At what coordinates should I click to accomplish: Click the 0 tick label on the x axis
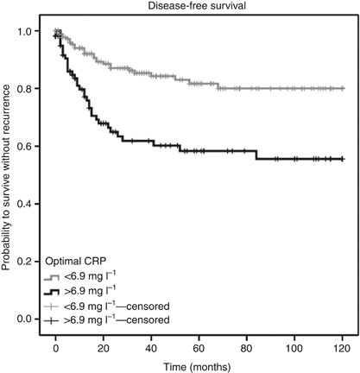point(56,348)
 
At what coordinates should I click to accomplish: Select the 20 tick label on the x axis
point(104,348)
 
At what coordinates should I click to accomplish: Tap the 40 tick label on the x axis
point(152,348)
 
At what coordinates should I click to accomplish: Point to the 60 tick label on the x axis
point(200,348)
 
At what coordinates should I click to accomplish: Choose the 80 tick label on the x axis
point(249,348)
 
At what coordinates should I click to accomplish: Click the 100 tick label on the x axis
point(296,348)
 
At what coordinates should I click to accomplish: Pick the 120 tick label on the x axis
point(344,348)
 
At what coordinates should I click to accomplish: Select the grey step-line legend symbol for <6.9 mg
point(54,277)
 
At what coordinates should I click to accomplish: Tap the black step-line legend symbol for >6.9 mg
point(54,291)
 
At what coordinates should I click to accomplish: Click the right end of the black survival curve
point(344,159)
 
